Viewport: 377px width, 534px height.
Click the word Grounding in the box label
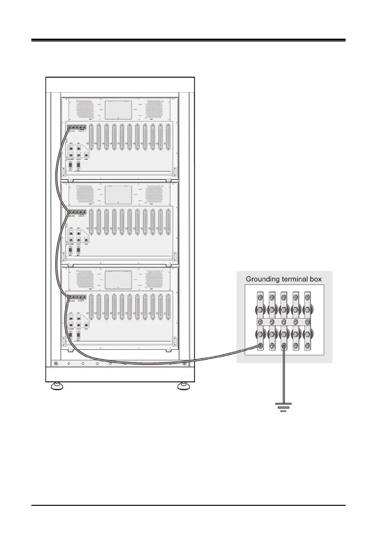[262, 279]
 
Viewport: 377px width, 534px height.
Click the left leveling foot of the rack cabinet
[57, 386]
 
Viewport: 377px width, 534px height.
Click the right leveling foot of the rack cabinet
[183, 386]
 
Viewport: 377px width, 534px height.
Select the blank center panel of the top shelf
[118, 110]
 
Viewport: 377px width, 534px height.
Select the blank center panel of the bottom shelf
[118, 280]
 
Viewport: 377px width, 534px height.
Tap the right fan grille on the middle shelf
[154, 194]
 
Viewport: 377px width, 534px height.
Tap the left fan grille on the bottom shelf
[85, 279]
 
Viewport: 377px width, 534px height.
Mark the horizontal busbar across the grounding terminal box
[283, 322]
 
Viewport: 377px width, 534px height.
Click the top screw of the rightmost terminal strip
[307, 298]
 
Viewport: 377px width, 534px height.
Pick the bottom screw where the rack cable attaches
[260, 346]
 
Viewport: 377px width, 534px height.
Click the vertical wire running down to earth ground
[283, 377]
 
